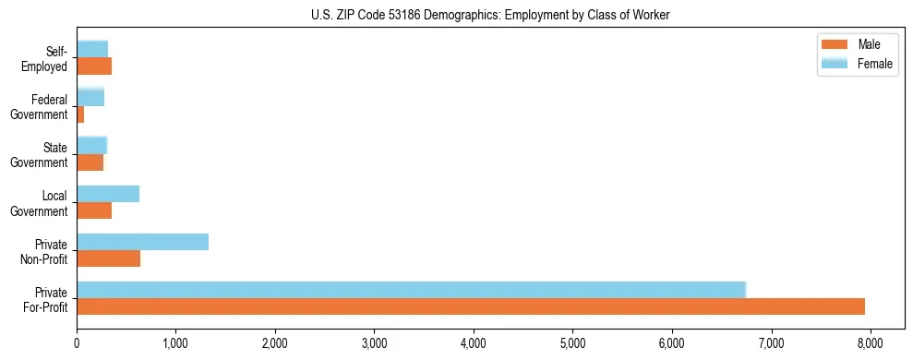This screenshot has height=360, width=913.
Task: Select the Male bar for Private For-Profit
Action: [471, 306]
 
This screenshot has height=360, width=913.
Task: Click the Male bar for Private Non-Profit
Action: [108, 258]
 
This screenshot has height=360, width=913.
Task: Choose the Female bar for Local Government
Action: [108, 193]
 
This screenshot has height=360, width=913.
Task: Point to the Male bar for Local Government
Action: [94, 210]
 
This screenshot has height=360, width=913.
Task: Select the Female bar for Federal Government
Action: [90, 97]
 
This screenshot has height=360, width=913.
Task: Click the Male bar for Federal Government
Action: [80, 114]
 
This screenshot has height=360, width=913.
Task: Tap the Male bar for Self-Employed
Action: [94, 66]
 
